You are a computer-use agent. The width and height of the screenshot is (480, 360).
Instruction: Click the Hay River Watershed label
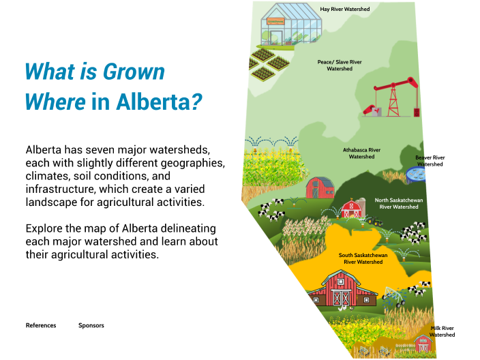coord(345,10)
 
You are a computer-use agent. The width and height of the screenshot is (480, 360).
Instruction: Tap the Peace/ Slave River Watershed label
coord(339,65)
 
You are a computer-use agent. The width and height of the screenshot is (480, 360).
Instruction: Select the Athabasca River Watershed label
coord(361,153)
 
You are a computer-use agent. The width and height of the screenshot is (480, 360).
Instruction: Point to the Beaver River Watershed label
coord(430,161)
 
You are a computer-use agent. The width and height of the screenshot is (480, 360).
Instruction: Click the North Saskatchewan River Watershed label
coord(399,203)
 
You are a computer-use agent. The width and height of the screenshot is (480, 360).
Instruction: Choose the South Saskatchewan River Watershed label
coord(363,258)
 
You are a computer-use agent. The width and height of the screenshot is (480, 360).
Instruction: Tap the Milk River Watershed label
coord(442,331)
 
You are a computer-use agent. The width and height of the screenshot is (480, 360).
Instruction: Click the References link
coord(41,325)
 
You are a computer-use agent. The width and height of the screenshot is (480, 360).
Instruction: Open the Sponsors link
coord(91,325)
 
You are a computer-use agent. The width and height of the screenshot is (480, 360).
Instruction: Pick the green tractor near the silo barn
coord(374,220)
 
